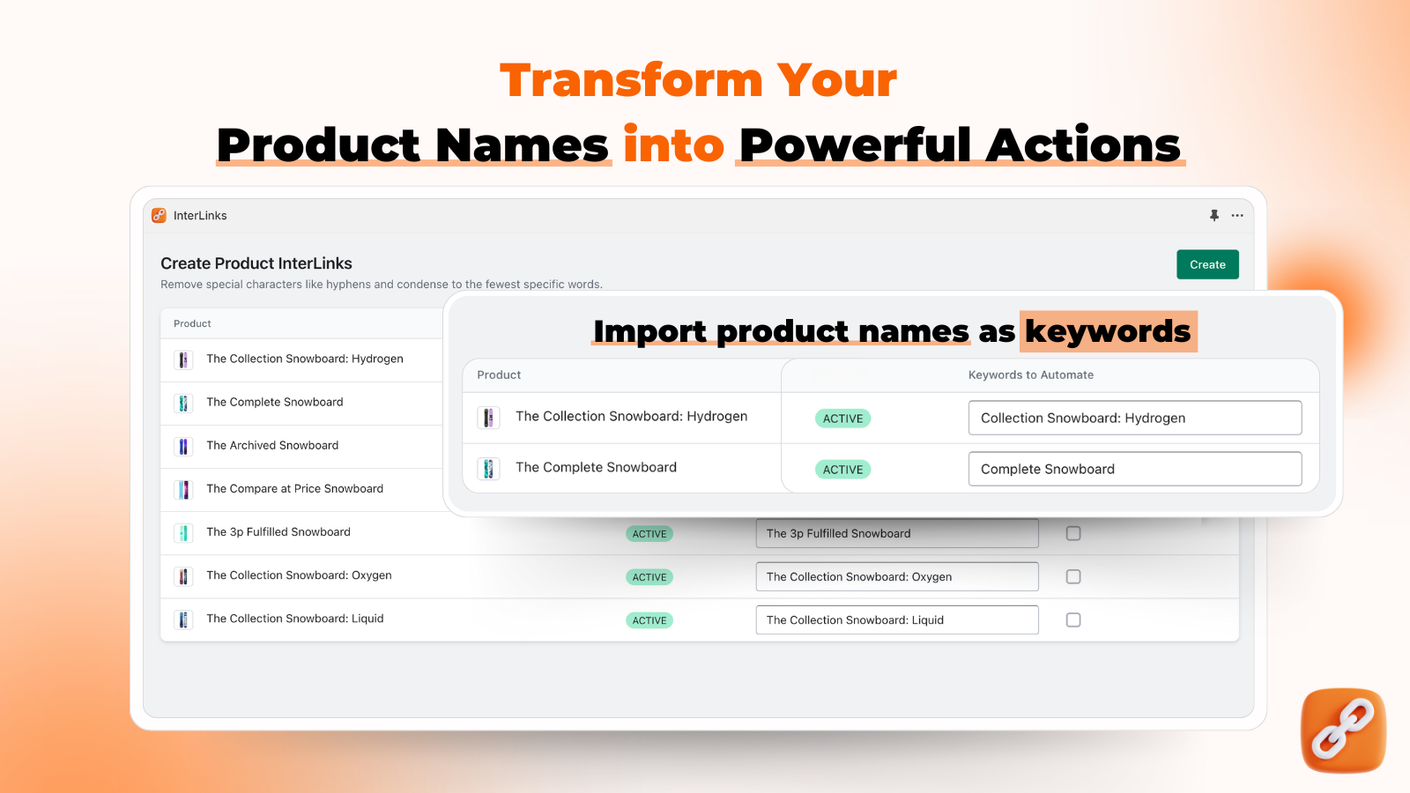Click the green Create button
point(1207,264)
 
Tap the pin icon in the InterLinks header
point(1214,215)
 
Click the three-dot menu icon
point(1237,215)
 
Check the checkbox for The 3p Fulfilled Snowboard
point(1073,533)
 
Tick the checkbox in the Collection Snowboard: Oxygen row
point(1073,576)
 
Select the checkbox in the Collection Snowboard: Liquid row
point(1073,620)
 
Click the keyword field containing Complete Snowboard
point(1135,469)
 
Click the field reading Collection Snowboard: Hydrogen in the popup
point(1135,418)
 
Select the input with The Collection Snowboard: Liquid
point(897,620)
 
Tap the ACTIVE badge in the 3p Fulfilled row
point(649,534)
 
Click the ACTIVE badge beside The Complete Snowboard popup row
point(842,470)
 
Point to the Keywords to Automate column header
point(1030,375)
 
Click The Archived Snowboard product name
point(272,446)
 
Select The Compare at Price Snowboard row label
point(294,489)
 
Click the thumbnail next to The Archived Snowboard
point(183,447)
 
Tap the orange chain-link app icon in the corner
point(1343,730)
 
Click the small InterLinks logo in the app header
point(159,215)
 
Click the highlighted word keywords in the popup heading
point(1108,331)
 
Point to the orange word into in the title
point(673,145)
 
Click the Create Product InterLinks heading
point(256,263)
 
